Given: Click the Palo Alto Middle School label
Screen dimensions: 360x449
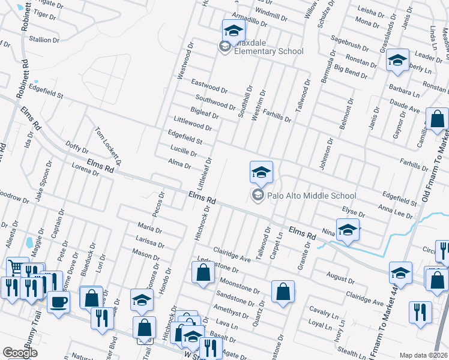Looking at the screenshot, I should pos(312,196).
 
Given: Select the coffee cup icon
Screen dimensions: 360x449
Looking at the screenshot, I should pos(58,301).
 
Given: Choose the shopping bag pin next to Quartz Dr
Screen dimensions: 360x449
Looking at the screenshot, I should pos(283,292).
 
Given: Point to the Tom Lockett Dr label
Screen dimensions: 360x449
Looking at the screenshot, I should pos(109,146).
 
